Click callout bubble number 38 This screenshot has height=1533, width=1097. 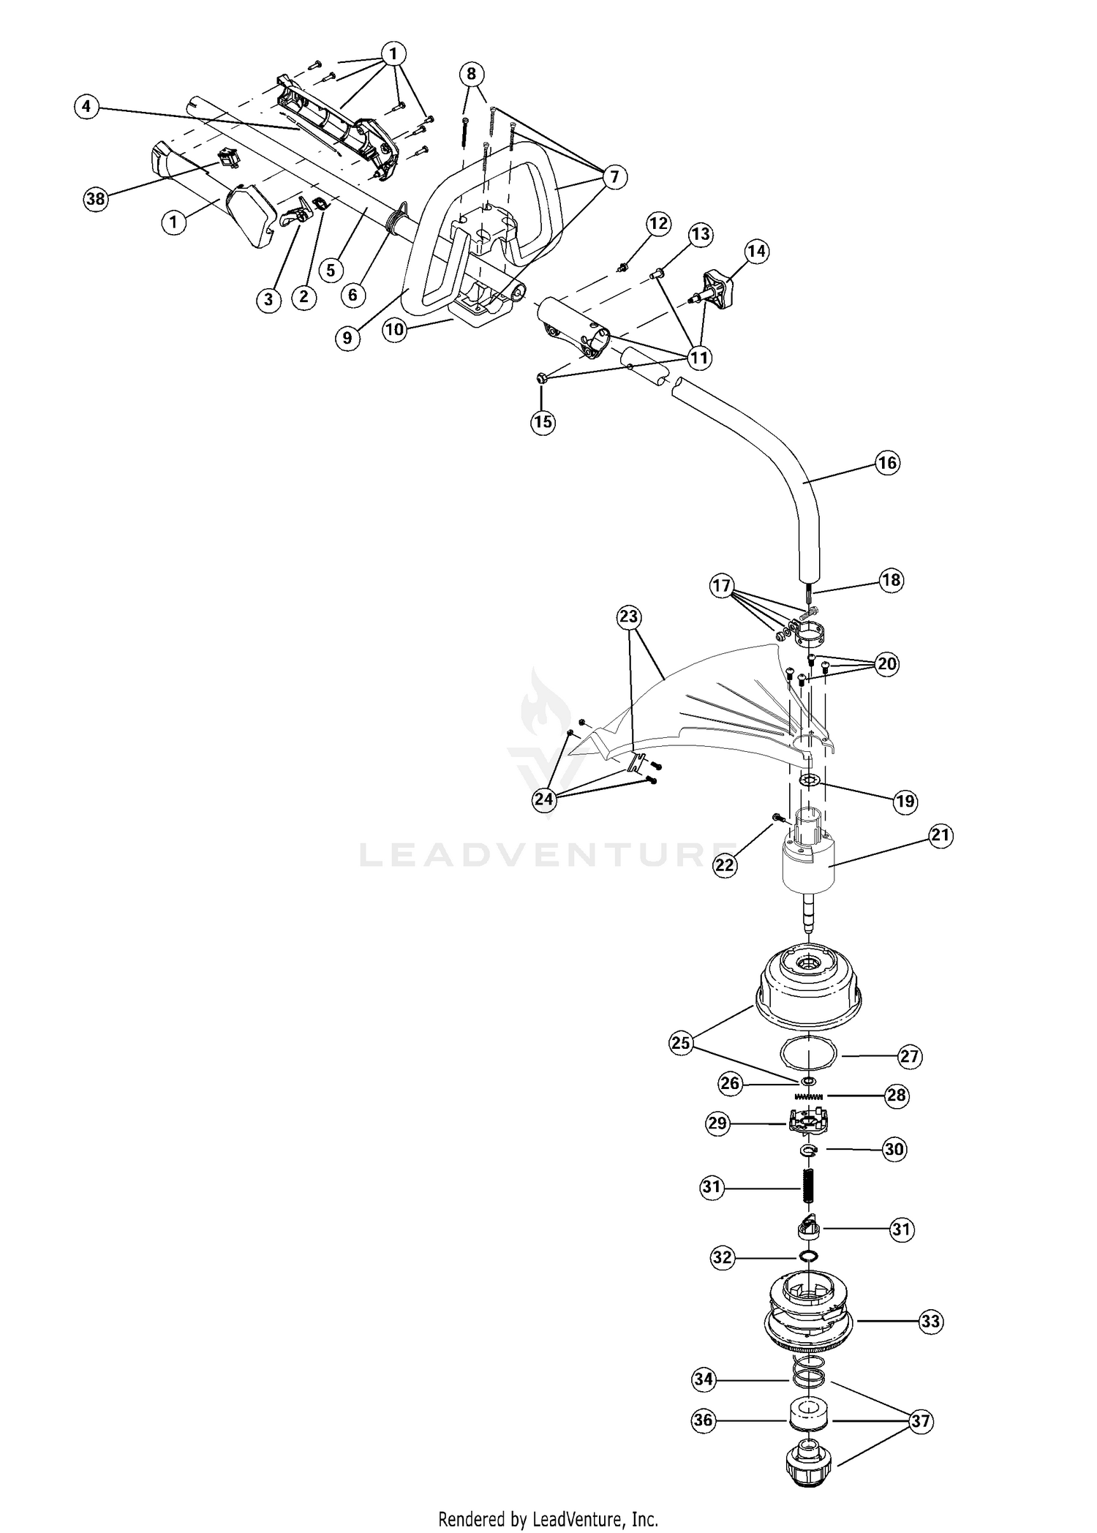96,199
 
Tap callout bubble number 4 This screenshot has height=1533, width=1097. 86,107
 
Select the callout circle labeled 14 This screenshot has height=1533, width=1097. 756,252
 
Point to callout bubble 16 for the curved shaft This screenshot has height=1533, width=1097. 887,463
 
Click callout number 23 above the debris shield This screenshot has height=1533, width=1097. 629,617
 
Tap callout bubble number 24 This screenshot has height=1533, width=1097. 544,799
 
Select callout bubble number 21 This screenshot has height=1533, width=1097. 941,835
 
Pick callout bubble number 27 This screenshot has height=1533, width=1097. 910,1056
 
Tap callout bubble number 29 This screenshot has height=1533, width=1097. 717,1123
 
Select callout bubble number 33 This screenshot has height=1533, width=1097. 930,1322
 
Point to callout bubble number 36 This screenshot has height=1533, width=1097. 704,1420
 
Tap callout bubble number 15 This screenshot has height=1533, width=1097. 543,422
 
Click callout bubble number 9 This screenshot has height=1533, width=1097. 347,338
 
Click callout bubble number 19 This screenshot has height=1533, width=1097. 905,801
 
